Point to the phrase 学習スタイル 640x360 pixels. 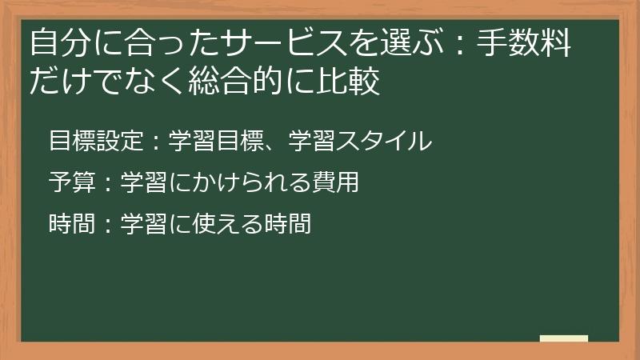(x=361, y=142)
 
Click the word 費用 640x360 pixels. (x=332, y=183)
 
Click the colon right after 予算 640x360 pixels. (x=108, y=184)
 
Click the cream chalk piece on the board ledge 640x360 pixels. (x=563, y=338)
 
